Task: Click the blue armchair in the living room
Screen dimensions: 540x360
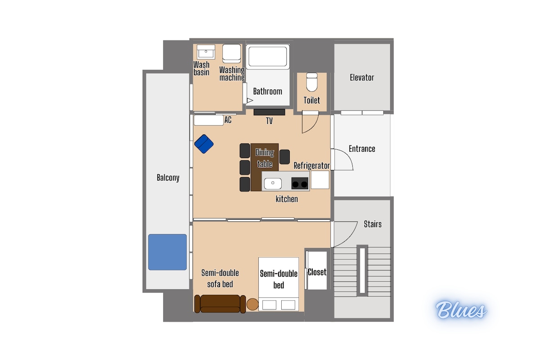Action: [x=204, y=144]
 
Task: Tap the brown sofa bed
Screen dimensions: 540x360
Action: [x=220, y=304]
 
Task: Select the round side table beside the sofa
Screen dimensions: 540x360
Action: [x=252, y=304]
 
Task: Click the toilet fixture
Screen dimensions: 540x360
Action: [x=312, y=82]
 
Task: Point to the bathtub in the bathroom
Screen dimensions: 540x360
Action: [x=268, y=56]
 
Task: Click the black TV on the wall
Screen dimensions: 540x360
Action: [x=269, y=112]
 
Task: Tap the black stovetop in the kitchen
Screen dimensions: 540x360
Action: [x=300, y=183]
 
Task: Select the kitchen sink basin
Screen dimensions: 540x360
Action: [x=273, y=184]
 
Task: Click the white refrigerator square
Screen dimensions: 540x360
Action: [x=320, y=180]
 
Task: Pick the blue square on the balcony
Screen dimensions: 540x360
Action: [x=167, y=252]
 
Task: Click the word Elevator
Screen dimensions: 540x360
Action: [x=362, y=78]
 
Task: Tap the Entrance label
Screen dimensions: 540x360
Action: [x=362, y=149]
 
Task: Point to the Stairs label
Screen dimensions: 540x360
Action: [x=373, y=224]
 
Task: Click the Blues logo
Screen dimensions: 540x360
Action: [x=461, y=310]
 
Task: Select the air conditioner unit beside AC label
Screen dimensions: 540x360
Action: [x=209, y=120]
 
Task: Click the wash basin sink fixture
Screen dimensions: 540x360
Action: [x=206, y=52]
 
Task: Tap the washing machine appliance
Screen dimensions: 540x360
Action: [x=231, y=54]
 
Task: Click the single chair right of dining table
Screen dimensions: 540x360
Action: [x=284, y=157]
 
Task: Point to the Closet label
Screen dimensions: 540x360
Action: [x=317, y=272]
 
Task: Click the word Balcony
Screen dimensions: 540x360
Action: [x=168, y=178]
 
